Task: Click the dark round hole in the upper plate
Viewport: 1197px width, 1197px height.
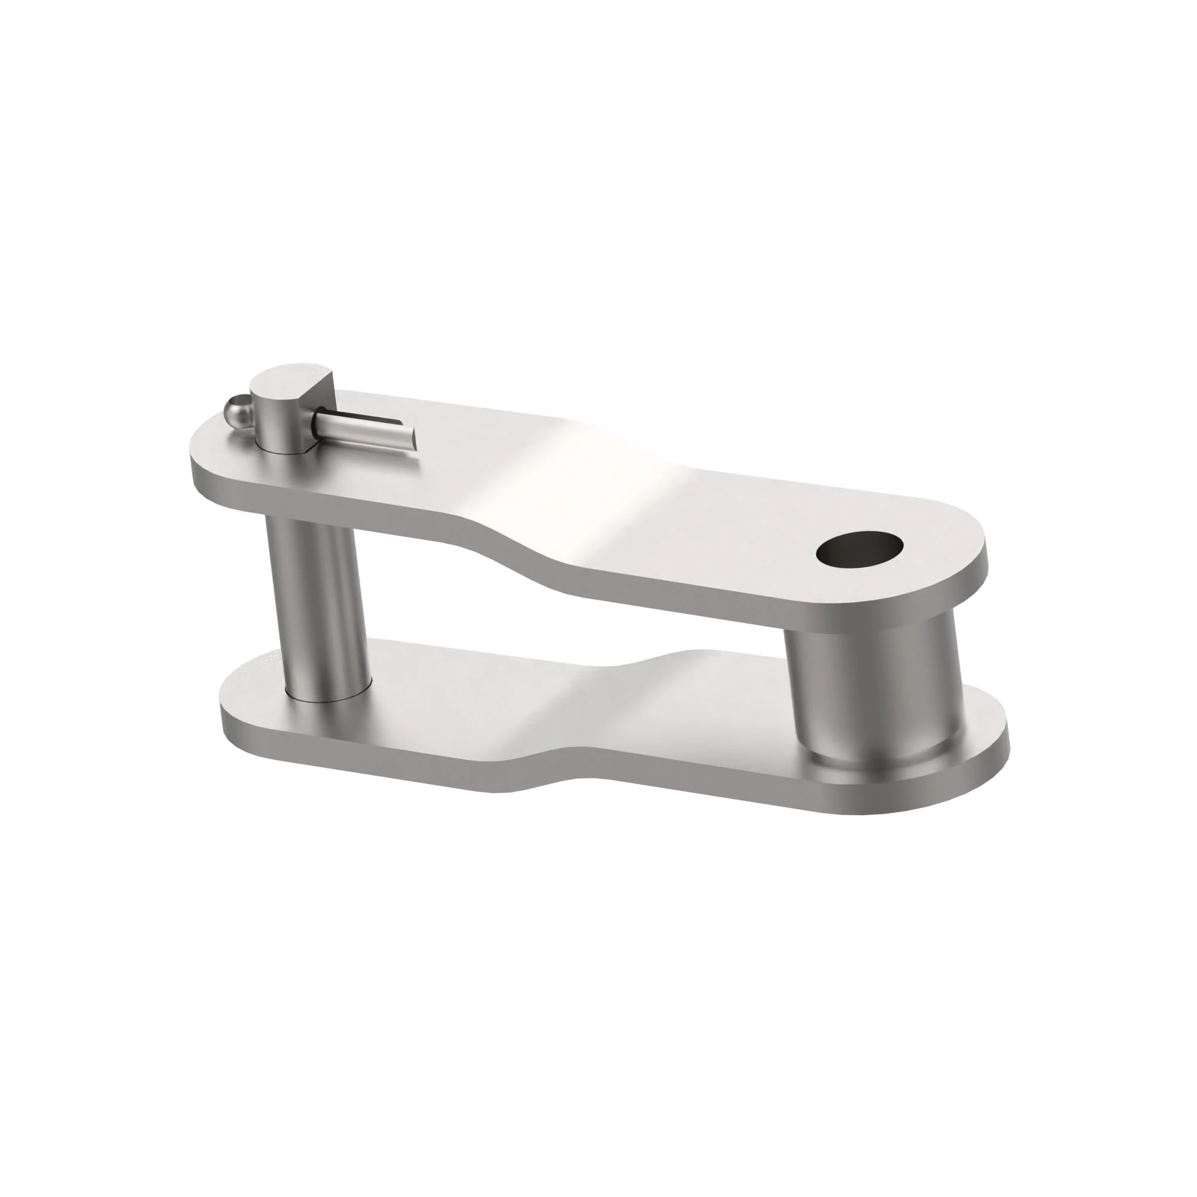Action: [859, 550]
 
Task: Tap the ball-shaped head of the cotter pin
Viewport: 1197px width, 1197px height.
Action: [235, 409]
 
